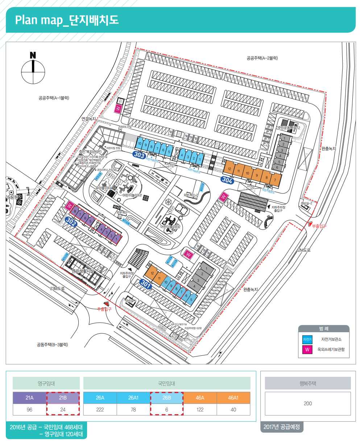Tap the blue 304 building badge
click(227, 180)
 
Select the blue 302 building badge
click(71, 221)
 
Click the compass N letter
click(33, 55)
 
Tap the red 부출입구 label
click(319, 226)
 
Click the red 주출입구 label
click(104, 309)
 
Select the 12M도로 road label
click(303, 250)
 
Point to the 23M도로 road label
click(57, 289)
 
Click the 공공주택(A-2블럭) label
click(262, 58)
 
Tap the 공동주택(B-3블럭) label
click(52, 345)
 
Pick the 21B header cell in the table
click(63, 398)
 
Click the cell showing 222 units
click(100, 409)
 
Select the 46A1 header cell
click(233, 398)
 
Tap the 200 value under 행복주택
click(307, 403)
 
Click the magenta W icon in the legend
click(307, 350)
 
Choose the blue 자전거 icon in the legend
click(307, 339)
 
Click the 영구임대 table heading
click(46, 383)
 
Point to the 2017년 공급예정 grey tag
click(282, 427)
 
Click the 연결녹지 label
click(89, 118)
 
